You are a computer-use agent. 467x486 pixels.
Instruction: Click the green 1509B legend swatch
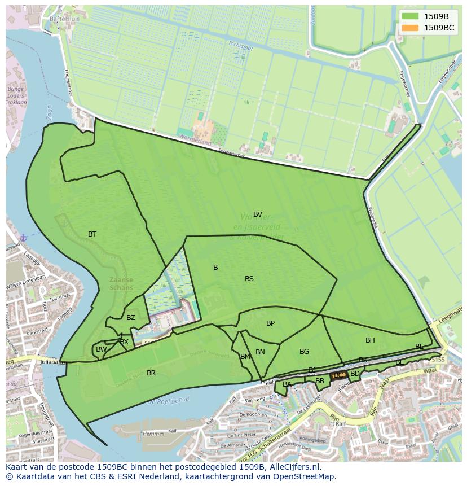(410, 16)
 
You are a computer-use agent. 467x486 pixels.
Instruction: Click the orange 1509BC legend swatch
(410, 28)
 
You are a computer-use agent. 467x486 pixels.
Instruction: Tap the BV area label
(258, 214)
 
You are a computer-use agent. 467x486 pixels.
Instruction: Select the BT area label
(92, 234)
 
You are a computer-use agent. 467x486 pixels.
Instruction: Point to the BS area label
(249, 279)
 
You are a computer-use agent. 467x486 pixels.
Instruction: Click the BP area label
(270, 323)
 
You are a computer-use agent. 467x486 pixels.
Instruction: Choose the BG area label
(304, 352)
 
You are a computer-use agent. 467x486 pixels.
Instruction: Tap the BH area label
(370, 340)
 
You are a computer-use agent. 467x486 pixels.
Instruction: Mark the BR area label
(151, 373)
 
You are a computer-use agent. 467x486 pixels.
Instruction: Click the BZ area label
(131, 318)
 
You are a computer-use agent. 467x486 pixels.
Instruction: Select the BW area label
(101, 349)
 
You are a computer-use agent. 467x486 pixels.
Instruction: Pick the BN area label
(260, 352)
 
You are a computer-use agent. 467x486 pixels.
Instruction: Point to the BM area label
(245, 357)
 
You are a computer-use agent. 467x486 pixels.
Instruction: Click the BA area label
(287, 384)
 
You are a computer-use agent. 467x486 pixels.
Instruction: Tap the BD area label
(355, 374)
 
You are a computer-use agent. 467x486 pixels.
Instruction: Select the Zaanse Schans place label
(121, 283)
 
